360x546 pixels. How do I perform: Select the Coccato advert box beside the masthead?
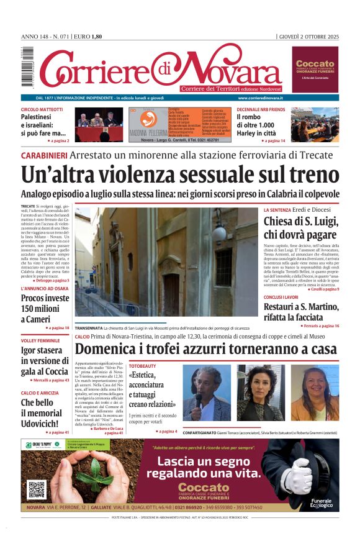pos(315,69)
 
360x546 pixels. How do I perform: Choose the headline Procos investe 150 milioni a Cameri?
pos(45,307)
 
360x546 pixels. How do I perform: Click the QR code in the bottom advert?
pos(37,489)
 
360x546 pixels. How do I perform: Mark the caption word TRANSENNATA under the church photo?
pos(89,327)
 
